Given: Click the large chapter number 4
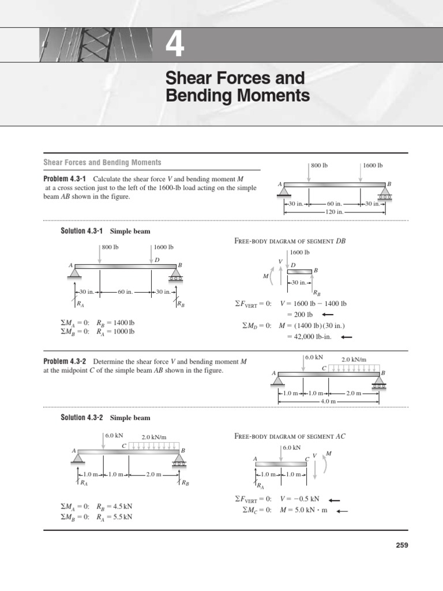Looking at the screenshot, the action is (175, 45).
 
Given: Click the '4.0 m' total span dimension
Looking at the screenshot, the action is (328, 401).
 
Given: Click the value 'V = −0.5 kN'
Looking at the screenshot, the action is (300, 499).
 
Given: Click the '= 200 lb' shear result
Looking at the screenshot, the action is (300, 315).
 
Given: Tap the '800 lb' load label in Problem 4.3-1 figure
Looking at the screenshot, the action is (319, 166).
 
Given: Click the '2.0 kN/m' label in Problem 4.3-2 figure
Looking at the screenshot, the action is (354, 359).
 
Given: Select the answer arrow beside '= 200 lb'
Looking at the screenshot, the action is (328, 315).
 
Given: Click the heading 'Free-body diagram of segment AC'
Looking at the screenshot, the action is (290, 436).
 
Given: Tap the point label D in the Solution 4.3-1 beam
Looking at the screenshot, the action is (156, 260).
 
